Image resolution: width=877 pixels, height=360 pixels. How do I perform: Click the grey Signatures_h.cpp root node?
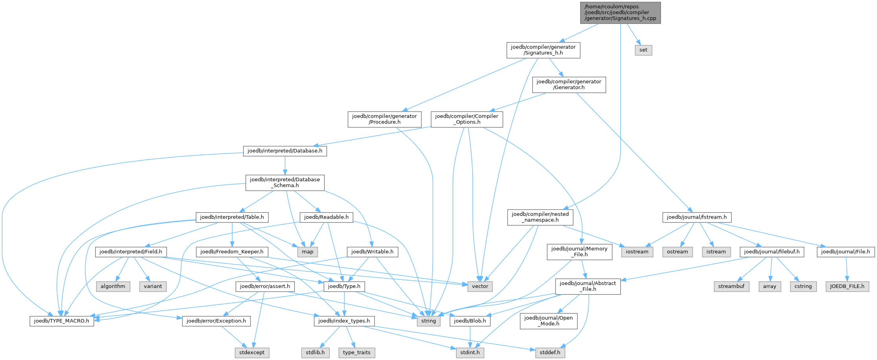click(620, 13)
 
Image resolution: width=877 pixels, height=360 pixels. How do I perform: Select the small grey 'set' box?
click(643, 50)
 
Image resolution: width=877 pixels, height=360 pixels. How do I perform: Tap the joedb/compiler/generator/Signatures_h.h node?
click(543, 50)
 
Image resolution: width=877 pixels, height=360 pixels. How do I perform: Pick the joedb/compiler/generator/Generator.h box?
click(569, 84)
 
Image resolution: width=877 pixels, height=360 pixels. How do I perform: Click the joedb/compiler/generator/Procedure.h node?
click(384, 119)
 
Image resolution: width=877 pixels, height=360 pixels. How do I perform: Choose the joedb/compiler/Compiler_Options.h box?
click(467, 119)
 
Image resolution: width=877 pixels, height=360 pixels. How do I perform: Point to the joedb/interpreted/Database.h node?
click(285, 151)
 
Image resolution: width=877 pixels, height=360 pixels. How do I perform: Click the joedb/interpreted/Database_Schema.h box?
click(285, 182)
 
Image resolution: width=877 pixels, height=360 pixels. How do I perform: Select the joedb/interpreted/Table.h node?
click(232, 217)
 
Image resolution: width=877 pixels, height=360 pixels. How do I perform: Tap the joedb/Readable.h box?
click(326, 217)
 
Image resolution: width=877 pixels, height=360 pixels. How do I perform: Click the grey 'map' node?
click(307, 252)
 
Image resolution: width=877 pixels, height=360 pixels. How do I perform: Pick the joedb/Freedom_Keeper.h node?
click(232, 252)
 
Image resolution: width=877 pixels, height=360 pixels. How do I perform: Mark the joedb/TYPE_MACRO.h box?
click(62, 321)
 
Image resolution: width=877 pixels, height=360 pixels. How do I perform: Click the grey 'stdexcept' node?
click(252, 353)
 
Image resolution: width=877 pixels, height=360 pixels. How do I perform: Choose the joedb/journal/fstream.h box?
click(697, 217)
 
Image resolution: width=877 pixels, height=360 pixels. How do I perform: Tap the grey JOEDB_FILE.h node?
click(847, 286)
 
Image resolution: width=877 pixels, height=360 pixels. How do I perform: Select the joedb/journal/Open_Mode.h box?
click(548, 321)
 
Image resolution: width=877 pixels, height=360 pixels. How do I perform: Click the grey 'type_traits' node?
click(357, 353)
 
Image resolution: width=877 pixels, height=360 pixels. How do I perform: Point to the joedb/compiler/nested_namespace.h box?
click(540, 217)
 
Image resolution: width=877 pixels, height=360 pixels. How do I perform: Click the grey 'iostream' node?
click(637, 252)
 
